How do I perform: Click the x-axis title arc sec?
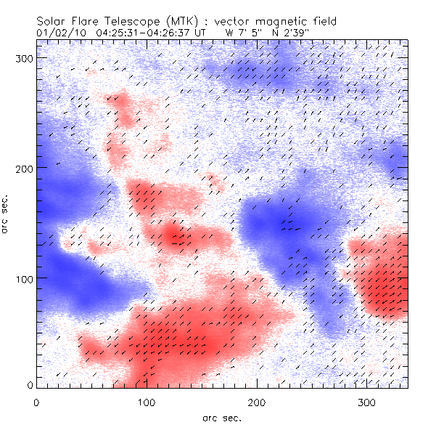[x=221, y=416]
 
